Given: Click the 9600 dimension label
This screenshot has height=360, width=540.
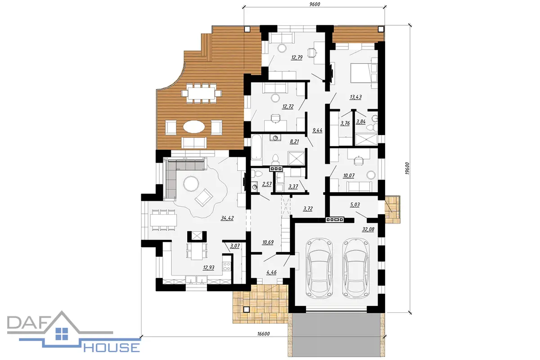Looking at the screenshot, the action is [315, 4].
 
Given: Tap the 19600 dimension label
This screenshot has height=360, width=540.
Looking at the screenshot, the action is [407, 168].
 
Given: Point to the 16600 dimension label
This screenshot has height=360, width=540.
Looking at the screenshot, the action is [264, 334].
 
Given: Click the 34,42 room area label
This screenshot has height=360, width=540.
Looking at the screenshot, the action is [227, 218].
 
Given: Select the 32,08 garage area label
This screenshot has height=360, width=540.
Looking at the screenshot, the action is [368, 229].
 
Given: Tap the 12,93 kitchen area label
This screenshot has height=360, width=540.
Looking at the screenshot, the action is [208, 267].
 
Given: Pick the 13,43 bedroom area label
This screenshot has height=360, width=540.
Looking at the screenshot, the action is [355, 97].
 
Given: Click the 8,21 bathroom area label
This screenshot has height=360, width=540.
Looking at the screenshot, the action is [294, 142].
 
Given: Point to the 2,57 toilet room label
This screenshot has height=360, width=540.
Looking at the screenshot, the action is [267, 184].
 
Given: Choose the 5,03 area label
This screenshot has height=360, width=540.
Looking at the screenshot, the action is [355, 205].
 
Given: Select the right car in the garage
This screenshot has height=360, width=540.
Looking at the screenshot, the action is [356, 268].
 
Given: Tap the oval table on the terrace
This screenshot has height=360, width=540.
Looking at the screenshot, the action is [194, 126].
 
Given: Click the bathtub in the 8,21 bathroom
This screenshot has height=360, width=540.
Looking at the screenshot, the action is [257, 147].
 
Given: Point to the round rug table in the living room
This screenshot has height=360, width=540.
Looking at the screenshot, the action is [191, 184].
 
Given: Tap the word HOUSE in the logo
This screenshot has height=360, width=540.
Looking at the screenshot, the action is [112, 347].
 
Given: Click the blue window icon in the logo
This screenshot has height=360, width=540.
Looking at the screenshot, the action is [62, 334].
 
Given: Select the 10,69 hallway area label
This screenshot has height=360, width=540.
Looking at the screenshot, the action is [268, 243].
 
